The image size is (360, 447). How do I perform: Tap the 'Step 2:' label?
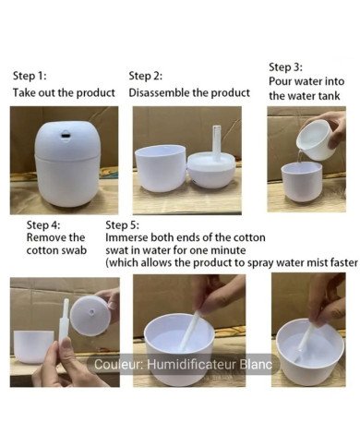click(145, 76)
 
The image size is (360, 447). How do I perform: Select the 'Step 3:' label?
click(285, 67)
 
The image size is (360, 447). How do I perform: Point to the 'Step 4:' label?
click(44, 224)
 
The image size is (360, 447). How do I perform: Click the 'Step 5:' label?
click(123, 224)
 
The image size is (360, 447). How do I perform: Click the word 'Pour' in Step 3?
click(281, 82)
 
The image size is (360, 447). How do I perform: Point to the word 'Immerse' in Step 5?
click(129, 237)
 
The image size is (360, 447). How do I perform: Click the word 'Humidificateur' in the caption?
click(189, 365)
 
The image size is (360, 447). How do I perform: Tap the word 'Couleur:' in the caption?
click(118, 365)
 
